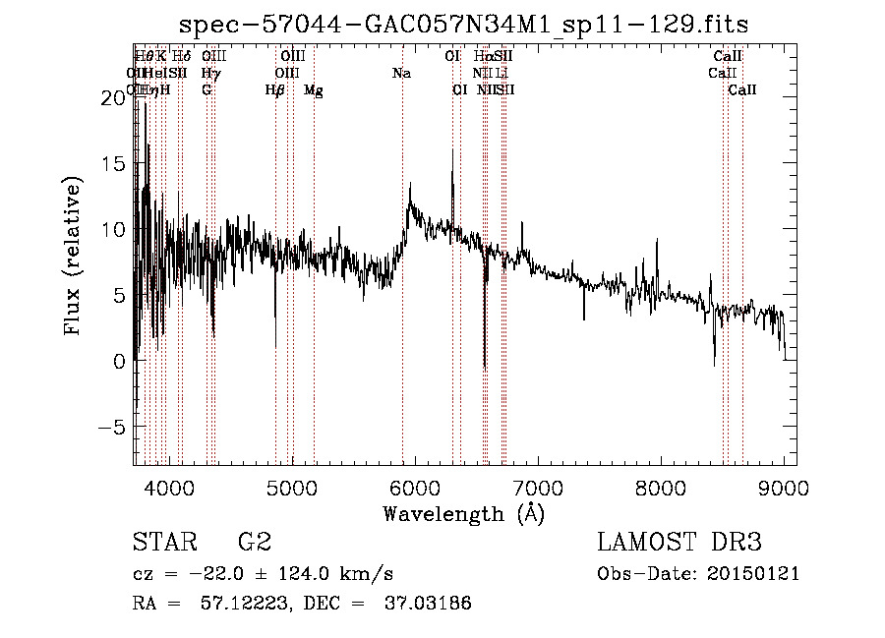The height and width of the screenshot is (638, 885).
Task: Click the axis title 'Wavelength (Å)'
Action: click(x=463, y=513)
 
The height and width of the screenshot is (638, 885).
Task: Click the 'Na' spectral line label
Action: click(x=401, y=74)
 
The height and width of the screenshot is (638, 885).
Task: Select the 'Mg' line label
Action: click(x=313, y=90)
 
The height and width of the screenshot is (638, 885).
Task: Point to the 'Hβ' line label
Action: click(x=274, y=90)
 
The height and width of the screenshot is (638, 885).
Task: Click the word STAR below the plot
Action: click(x=164, y=543)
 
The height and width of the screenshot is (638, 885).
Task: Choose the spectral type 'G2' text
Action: click(x=254, y=543)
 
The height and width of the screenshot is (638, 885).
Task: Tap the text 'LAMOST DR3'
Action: click(x=678, y=543)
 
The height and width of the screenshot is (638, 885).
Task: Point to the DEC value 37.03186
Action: click(x=430, y=604)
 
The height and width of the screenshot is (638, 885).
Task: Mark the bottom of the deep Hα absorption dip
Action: click(x=485, y=370)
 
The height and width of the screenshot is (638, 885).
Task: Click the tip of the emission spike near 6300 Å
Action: click(x=452, y=149)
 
